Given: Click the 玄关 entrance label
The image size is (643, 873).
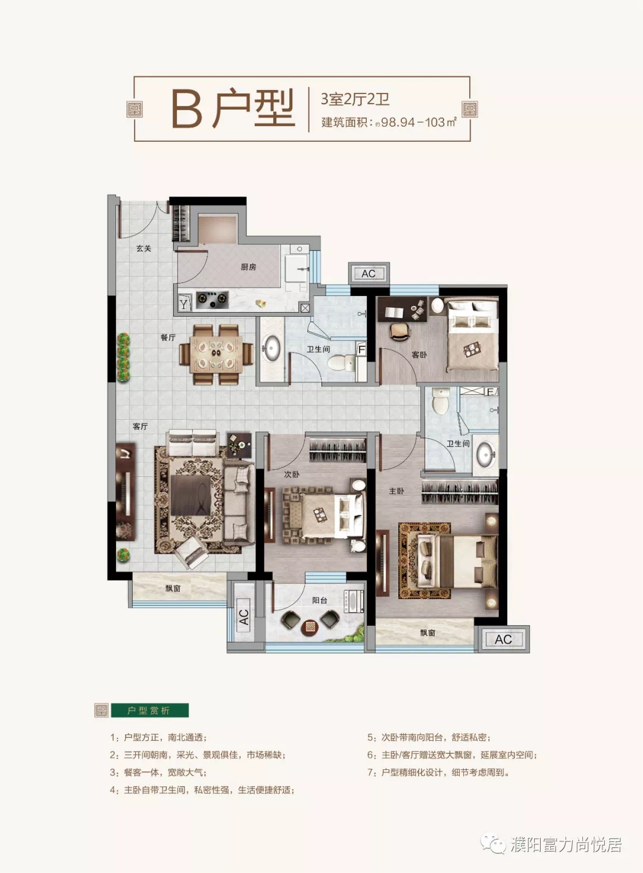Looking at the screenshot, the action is click(143, 248).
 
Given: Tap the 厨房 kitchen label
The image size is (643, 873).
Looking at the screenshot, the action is click(248, 267).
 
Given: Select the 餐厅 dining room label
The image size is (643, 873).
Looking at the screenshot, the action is click(168, 338).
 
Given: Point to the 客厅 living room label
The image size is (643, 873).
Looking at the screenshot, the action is click(141, 426).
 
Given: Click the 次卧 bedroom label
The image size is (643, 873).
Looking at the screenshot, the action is click(292, 474).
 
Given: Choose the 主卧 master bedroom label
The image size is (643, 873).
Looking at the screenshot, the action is click(397, 491).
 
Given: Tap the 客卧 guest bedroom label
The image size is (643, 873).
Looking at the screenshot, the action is click(419, 355).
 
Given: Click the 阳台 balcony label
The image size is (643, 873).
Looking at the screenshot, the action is click(320, 600).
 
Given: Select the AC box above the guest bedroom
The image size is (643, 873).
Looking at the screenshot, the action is click(369, 273).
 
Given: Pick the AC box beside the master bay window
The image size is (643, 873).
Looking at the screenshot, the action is click(504, 639).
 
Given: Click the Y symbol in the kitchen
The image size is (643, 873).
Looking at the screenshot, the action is click(183, 304).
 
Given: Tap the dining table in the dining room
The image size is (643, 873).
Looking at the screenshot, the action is click(216, 355).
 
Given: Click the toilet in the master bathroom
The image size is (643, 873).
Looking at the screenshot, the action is click(441, 401).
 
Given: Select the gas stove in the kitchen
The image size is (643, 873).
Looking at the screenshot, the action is click(212, 299).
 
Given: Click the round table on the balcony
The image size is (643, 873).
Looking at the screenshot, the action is click(310, 626).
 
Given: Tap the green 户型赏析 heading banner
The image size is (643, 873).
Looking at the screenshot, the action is click(149, 710).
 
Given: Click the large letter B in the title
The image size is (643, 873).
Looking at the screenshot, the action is click(186, 110).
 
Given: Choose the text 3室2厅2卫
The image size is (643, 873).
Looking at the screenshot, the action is click(355, 99).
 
